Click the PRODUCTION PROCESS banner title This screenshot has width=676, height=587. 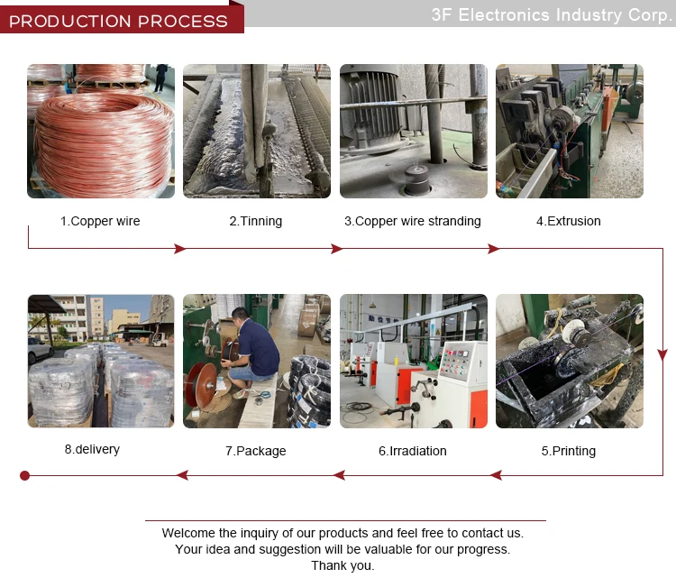pos(118,21)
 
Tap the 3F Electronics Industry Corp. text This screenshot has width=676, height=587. pos(552,15)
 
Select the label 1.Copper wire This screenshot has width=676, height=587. pos(100,221)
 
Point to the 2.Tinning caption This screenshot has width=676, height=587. pos(256,221)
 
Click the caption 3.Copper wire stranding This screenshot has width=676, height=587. pos(413,221)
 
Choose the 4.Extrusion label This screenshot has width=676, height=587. pos(568,221)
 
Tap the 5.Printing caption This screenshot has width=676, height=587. pos(569,451)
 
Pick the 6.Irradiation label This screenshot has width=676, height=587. pos(413,451)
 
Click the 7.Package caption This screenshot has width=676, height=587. pos(256,451)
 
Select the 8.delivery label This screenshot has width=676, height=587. pos(92,449)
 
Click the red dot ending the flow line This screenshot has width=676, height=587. pos(25,476)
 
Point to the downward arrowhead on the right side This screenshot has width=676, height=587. pos(662,354)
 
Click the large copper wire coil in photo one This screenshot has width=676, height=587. pos(104,144)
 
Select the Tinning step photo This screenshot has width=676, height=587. pos(257,131)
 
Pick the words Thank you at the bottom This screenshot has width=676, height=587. pos(343,566)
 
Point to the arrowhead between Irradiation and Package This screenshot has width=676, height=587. pos(339,476)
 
